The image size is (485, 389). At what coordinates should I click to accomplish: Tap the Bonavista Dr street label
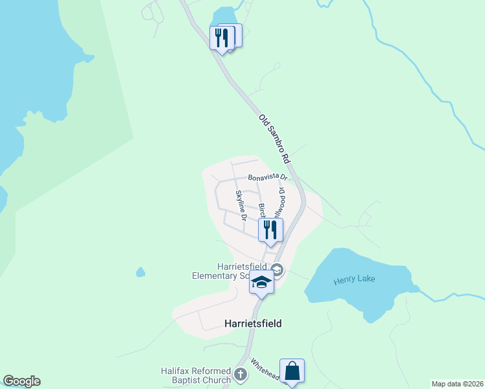[267, 177]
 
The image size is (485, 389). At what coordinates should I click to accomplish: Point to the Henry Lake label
[355, 280]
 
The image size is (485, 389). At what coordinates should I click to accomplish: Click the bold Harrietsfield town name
[253, 323]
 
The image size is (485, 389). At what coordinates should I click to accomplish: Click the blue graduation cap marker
[261, 283]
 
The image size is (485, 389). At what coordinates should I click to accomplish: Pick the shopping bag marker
[292, 371]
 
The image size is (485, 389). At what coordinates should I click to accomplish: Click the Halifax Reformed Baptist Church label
[196, 375]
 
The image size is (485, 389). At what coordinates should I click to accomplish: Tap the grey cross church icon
[241, 375]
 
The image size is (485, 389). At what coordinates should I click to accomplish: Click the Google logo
[21, 381]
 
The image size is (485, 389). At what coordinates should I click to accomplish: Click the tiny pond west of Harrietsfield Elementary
[140, 272]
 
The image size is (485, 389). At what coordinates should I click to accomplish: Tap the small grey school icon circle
[277, 269]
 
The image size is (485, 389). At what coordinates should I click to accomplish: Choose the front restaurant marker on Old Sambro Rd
[220, 38]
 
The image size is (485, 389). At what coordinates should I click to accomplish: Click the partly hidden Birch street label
[262, 211]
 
